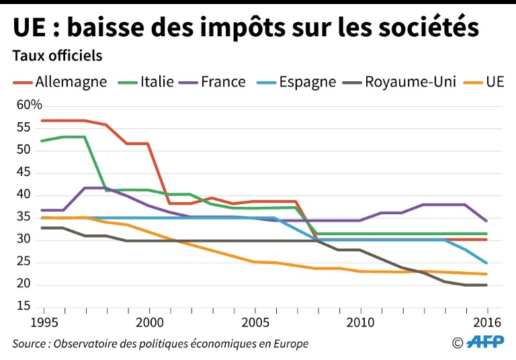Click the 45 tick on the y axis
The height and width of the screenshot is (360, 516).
(x=24, y=172)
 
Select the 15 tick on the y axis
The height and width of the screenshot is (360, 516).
(x=24, y=307)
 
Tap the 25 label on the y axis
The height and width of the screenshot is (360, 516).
(x=24, y=262)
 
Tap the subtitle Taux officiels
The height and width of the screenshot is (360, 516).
(x=57, y=55)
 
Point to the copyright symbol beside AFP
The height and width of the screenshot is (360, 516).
(x=458, y=343)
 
